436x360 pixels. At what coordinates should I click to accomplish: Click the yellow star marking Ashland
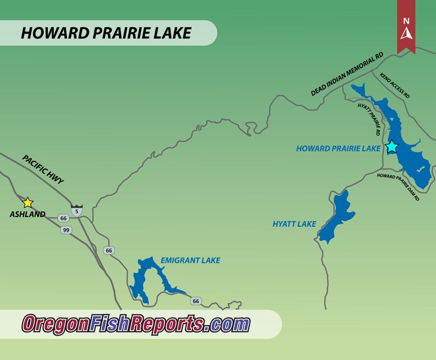(x=28, y=203)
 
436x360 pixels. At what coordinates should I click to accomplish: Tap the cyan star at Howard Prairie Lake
(x=391, y=146)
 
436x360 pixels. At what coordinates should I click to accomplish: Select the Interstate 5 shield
(x=77, y=210)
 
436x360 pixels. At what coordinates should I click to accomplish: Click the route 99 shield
(x=65, y=230)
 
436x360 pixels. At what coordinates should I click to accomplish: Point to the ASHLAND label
(x=27, y=214)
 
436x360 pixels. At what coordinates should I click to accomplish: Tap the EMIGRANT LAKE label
(x=190, y=260)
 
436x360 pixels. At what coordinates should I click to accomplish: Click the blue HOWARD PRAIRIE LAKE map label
(x=337, y=148)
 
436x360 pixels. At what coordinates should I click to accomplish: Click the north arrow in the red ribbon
(x=406, y=32)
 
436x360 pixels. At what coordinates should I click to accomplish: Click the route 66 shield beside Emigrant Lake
(x=196, y=301)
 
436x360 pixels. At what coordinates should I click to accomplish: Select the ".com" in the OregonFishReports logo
(x=228, y=324)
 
